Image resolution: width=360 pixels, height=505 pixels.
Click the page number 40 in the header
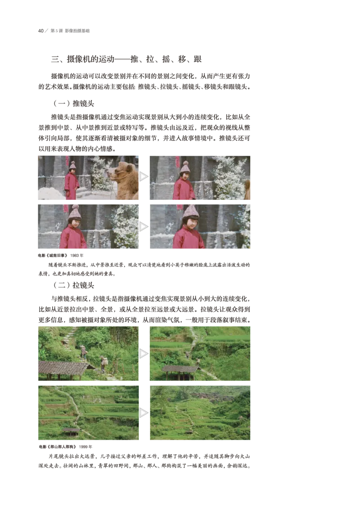40,31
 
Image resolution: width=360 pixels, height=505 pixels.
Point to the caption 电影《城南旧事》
53,255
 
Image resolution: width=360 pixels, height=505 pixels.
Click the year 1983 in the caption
74,255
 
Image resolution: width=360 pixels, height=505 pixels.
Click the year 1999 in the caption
83,446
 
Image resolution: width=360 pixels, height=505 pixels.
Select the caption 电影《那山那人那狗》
58,446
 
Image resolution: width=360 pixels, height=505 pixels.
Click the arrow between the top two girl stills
144,176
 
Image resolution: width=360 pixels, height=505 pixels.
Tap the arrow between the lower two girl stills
144,227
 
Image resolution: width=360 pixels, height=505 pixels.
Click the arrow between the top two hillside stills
144,354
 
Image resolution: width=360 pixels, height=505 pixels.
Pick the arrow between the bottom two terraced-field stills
144,413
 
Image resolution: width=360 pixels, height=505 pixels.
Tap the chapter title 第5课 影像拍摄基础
70,31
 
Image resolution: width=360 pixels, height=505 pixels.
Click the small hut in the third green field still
71,431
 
